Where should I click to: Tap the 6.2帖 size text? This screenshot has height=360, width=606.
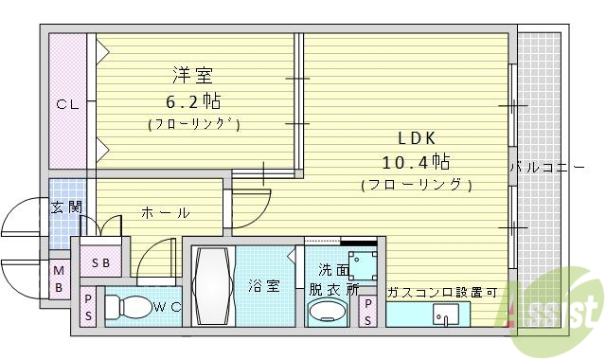pos(193,100)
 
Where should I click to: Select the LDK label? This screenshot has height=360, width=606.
pos(415,136)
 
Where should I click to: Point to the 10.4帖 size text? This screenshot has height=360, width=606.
pos(416,160)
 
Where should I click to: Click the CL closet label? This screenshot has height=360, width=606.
pos(66,104)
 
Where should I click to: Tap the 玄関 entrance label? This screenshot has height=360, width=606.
pos(66,206)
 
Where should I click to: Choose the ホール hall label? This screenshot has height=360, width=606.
pos(165,213)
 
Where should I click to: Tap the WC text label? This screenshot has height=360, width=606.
pos(167,306)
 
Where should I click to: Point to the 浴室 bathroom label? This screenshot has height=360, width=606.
pos(264,285)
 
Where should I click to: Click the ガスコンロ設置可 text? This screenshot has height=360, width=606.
pos(441,292)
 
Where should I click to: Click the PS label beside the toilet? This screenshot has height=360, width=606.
pos(88,308)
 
